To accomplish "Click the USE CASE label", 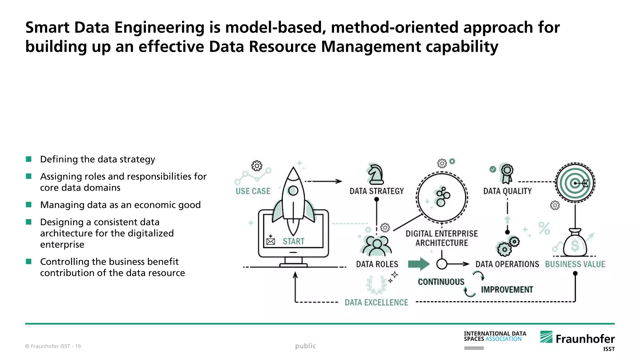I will [x=253, y=191].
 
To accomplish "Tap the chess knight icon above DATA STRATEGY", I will [x=376, y=174].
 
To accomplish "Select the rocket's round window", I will [x=293, y=190].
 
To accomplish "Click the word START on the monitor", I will [x=293, y=241].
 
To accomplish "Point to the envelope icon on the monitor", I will [x=271, y=241].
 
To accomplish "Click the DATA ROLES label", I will [x=377, y=264].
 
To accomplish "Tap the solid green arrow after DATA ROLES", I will [x=419, y=264].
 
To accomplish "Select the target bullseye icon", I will [x=575, y=183].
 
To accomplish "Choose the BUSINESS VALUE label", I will [x=575, y=264].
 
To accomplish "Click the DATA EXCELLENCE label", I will [x=376, y=302].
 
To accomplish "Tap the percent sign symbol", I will [x=544, y=228].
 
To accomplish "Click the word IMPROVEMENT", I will [x=507, y=290].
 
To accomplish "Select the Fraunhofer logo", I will [x=577, y=339].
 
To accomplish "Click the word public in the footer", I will [x=305, y=346].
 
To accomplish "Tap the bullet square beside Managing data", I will [x=29, y=205].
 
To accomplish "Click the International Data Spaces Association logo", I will [x=495, y=337].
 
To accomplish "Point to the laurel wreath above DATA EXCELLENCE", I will [x=376, y=285].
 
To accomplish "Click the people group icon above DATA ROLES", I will [x=377, y=246].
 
